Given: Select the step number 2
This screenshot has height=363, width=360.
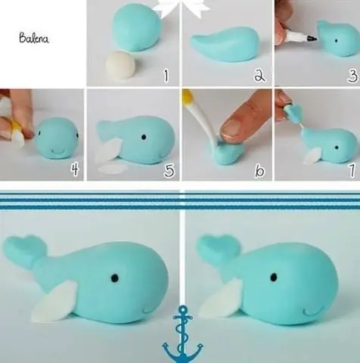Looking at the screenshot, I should pyautogui.click(x=259, y=76).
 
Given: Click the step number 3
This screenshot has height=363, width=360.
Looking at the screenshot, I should pyautogui.click(x=351, y=76).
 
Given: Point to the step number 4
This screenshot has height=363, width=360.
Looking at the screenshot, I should pyautogui.click(x=74, y=171).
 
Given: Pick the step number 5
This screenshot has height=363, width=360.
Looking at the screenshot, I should pyautogui.click(x=169, y=171).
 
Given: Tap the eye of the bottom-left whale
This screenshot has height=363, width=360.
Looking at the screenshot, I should pyautogui.click(x=115, y=278).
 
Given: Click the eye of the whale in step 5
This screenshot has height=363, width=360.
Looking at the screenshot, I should pyautogui.click(x=142, y=138).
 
